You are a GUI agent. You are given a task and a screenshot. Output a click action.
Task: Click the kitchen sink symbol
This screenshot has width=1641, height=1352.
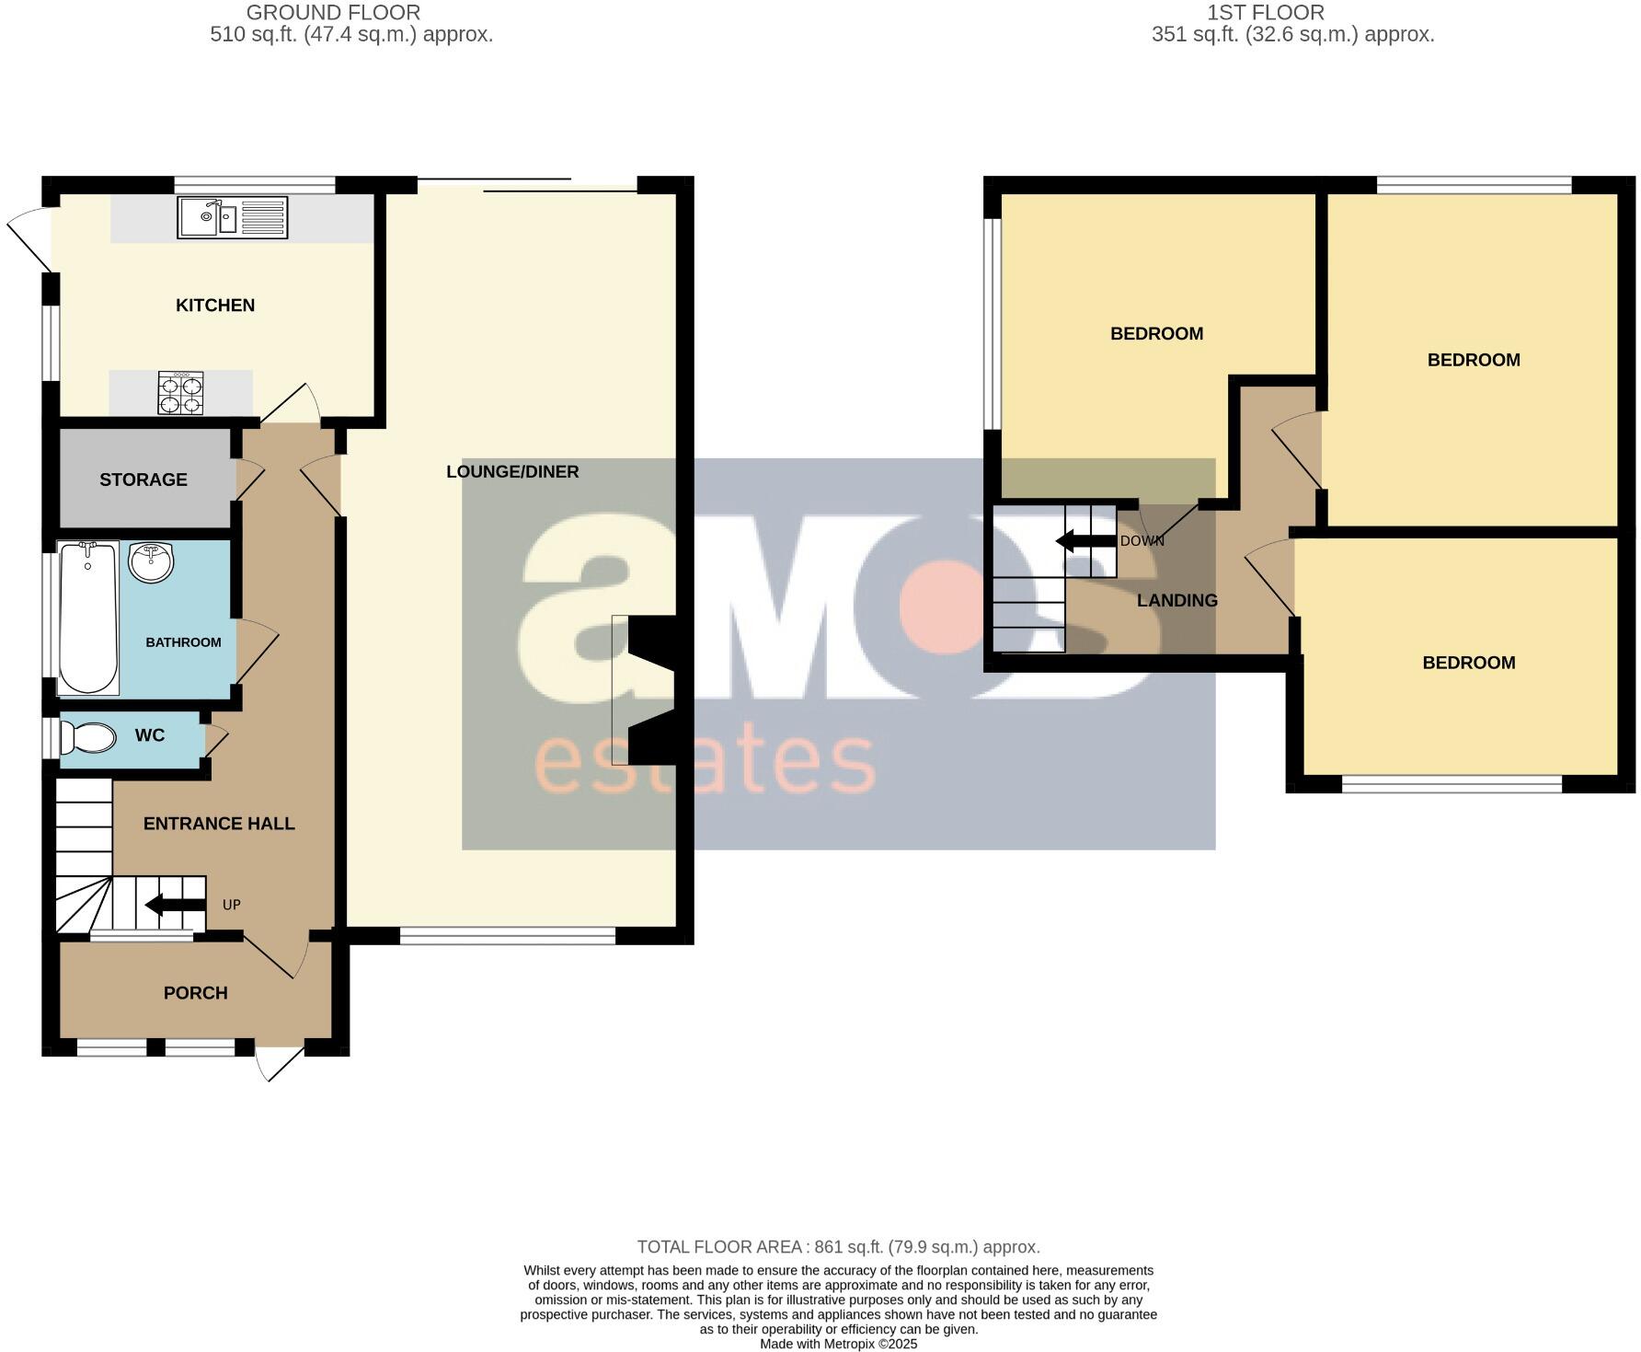tap(232, 218)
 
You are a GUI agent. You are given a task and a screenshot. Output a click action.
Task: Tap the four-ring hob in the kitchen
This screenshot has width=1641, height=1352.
tap(180, 393)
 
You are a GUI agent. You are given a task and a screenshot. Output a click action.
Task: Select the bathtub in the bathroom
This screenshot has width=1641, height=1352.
tap(88, 618)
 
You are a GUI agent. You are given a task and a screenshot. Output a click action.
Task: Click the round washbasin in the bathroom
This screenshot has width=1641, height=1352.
tap(151, 562)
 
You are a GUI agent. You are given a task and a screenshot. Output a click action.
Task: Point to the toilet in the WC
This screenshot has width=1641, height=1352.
tap(88, 737)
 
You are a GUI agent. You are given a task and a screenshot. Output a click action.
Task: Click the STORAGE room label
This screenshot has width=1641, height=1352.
tap(143, 480)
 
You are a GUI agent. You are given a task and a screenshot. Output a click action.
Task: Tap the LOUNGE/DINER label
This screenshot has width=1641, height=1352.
tap(512, 471)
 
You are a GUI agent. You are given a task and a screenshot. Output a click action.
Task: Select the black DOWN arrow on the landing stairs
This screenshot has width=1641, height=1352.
tap(1085, 540)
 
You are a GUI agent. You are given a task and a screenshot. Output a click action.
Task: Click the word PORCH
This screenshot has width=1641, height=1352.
tap(195, 993)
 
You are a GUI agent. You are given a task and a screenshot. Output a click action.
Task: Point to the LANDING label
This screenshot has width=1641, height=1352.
tap(1176, 600)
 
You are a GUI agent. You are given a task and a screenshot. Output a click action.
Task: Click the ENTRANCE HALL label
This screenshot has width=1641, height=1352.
tap(219, 824)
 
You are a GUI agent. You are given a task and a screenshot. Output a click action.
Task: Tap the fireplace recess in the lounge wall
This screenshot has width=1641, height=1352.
tap(651, 690)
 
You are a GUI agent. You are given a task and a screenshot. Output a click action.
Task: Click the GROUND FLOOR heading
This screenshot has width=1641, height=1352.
tap(333, 13)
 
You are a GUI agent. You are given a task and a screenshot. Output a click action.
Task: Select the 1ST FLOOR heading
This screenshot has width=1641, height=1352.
tap(1266, 13)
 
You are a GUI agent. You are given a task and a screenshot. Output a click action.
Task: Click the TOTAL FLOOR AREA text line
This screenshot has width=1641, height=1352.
tap(838, 1247)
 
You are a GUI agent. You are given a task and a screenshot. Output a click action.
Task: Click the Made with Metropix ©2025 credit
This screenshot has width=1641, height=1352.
tap(838, 1344)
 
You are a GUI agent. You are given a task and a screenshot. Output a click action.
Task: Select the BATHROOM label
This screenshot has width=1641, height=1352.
tap(183, 642)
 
